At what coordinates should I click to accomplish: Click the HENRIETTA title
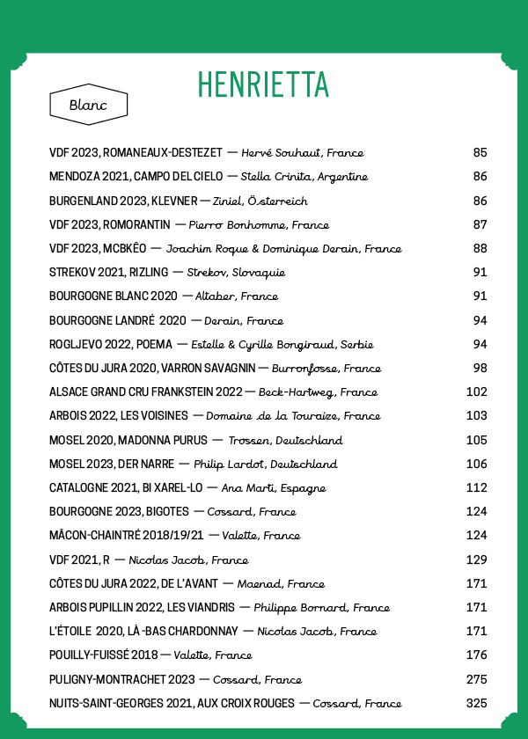(263, 84)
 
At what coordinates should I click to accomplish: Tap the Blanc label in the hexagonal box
(88, 106)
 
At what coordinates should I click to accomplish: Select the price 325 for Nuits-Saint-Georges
(476, 703)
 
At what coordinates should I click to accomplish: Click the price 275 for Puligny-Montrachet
(476, 679)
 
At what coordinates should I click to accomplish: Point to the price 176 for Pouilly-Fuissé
(476, 655)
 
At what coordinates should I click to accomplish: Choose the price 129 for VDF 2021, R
(476, 560)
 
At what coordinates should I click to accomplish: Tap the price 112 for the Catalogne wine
(476, 487)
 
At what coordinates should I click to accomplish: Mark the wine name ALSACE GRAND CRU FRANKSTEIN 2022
(145, 392)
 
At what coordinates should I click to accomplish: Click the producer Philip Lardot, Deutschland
(265, 464)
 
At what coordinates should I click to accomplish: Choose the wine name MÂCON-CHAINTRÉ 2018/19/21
(127, 536)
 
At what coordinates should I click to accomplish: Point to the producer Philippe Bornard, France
(321, 607)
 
